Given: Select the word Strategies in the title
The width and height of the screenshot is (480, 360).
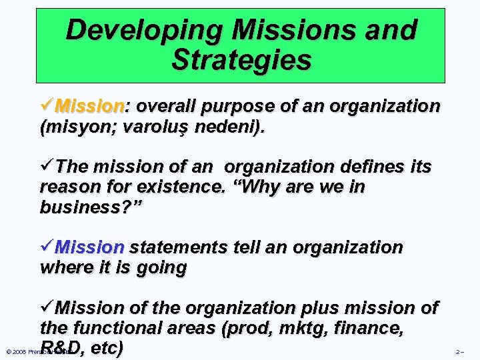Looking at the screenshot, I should coord(241,59).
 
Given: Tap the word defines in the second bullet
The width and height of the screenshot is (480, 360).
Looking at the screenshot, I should coord(359,166).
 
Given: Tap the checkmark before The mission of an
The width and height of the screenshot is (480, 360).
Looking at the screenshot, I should coord(47,165).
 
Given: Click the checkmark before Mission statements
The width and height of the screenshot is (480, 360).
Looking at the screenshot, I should coord(47,247).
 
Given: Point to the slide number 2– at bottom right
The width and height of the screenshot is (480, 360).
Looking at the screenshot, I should coord(459,351).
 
